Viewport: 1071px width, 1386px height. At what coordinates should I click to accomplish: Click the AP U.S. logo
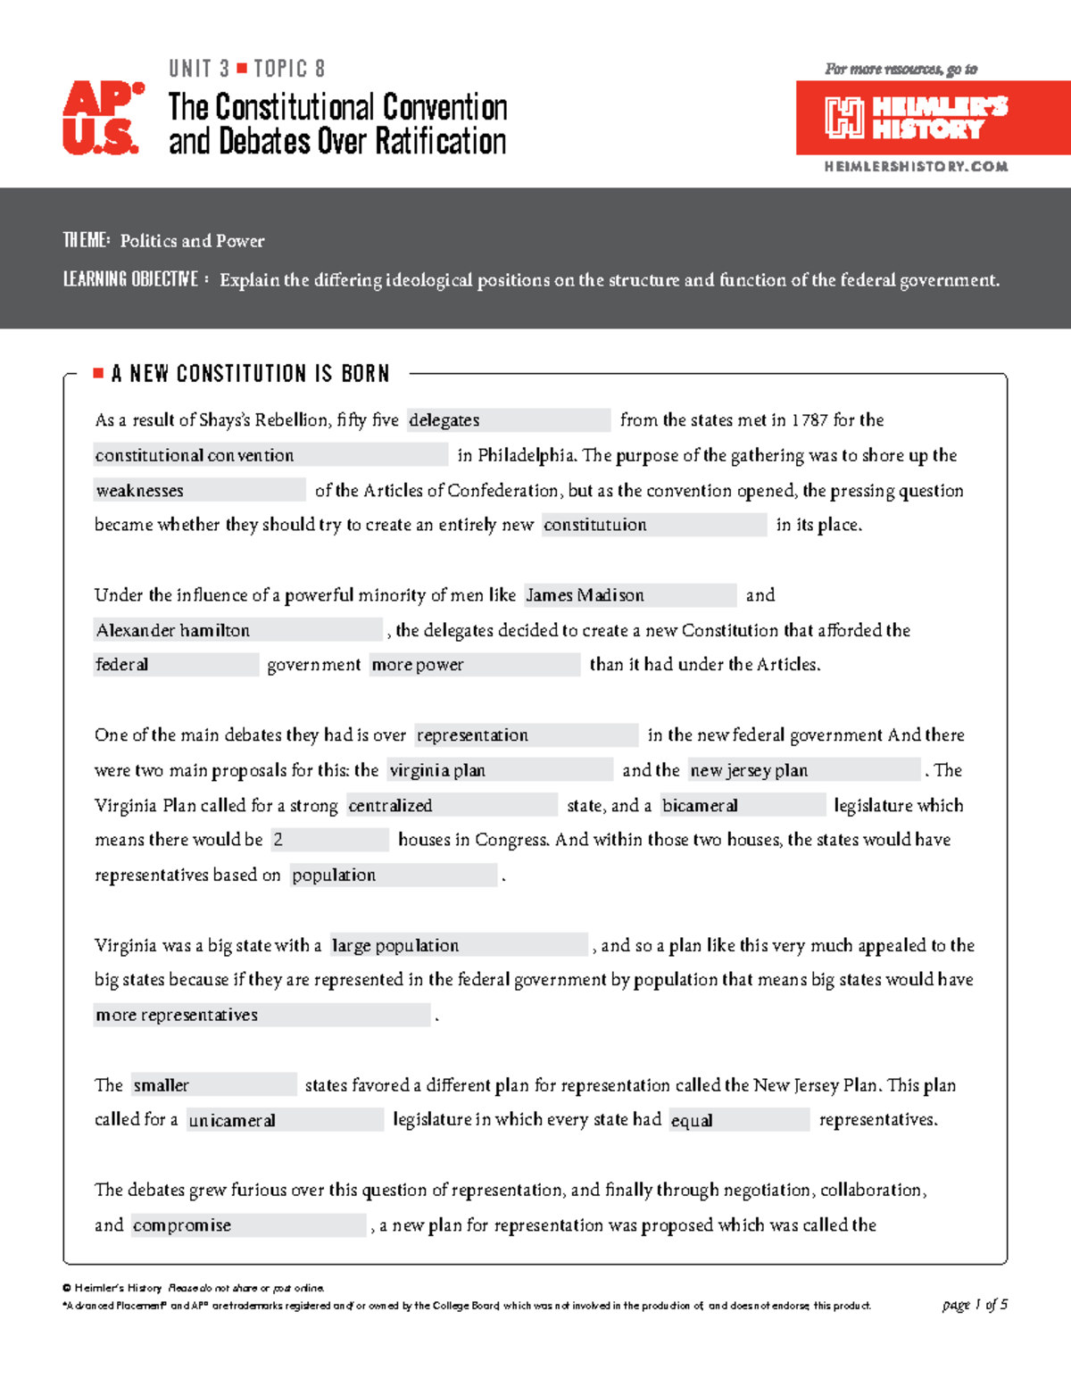click(102, 118)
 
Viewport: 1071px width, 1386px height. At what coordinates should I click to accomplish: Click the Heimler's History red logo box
click(932, 118)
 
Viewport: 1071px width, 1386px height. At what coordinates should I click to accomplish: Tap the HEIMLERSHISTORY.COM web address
click(916, 167)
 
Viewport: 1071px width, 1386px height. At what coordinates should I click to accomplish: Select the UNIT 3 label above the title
click(199, 69)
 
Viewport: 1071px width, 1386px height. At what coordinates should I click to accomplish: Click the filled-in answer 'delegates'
click(508, 420)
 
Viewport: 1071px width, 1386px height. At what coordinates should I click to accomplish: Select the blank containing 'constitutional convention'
click(270, 455)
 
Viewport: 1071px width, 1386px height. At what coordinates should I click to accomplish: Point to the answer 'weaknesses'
click(199, 490)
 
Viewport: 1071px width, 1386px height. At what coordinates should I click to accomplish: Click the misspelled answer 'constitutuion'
click(653, 525)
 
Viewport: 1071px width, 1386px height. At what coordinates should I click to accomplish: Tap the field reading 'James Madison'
click(629, 595)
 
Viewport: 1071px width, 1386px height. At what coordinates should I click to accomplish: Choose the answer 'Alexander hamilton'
click(237, 630)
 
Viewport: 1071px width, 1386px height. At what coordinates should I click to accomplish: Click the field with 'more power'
click(474, 665)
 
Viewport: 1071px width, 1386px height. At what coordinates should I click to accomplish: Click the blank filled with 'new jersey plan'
click(803, 770)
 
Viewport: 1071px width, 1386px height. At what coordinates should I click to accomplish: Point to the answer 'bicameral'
click(742, 805)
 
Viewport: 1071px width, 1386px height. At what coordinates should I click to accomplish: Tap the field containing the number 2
click(329, 840)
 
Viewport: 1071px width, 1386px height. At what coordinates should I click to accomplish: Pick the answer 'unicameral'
click(284, 1120)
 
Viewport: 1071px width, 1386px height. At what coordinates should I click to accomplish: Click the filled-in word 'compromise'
click(248, 1225)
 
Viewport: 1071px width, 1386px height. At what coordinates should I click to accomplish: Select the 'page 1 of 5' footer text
click(975, 1305)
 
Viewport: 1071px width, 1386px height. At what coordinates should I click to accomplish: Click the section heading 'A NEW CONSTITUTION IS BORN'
click(251, 374)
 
